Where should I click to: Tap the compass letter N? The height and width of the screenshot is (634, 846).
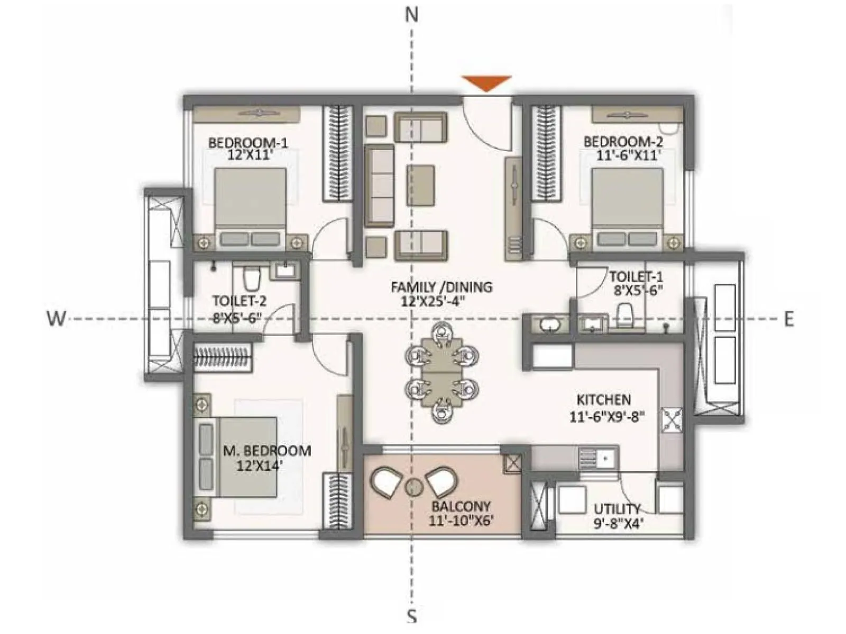pos(411,15)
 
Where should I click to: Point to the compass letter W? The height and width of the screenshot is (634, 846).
pos(57,319)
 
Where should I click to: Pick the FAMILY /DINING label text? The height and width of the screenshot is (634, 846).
pos(442,287)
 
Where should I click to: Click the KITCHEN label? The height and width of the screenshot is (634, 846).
pos(603,399)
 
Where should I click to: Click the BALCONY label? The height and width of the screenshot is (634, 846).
pos(461,506)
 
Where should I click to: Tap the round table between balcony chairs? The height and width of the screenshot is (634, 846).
pos(412,486)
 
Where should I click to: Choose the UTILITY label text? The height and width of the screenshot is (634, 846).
pos(617,509)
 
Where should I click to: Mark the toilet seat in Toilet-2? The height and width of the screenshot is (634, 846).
pos(252,278)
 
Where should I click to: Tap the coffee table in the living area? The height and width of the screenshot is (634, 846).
pos(421,185)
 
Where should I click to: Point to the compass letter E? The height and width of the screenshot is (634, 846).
pos(788,319)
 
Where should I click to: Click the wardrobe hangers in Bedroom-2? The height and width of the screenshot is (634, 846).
pos(546,153)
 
